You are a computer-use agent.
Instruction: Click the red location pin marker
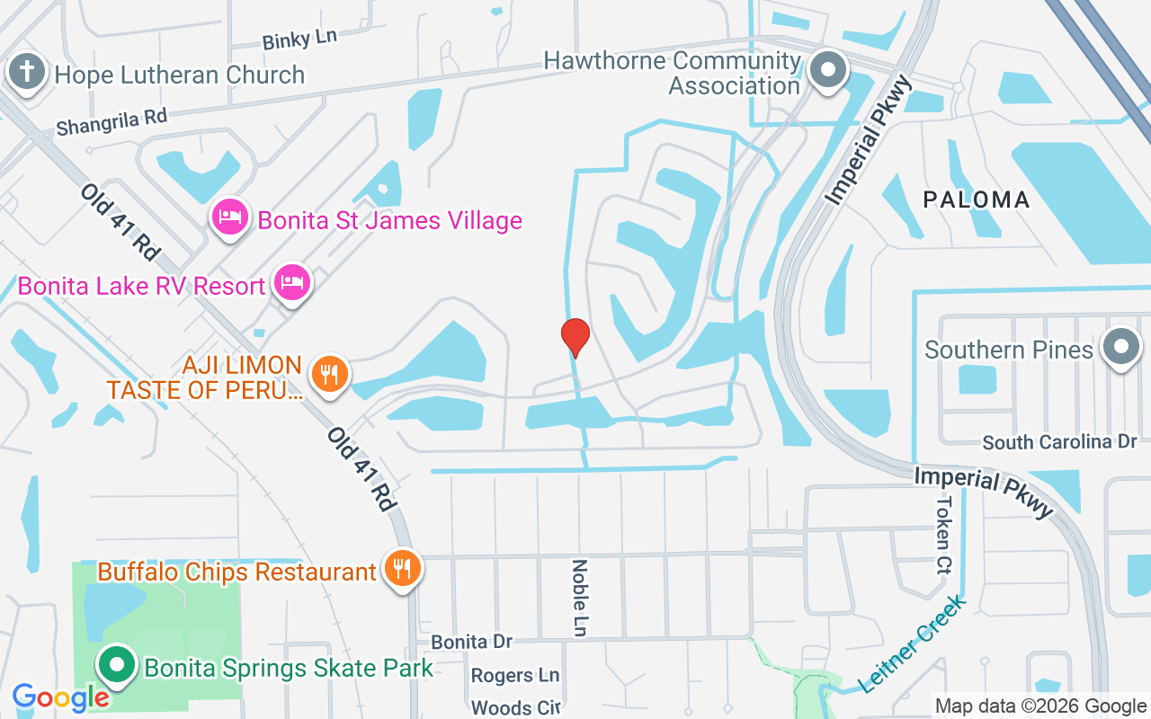[575, 337]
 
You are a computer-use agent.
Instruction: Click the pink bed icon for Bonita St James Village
[230, 217]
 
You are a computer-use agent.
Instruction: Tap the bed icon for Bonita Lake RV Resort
[292, 283]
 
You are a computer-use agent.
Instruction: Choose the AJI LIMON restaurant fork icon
[330, 373]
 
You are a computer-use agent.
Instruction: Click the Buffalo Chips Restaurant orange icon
[402, 569]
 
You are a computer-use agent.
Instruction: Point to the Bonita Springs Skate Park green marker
[116, 666]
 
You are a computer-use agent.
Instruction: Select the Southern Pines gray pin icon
[1120, 348]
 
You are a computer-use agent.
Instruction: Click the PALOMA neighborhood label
[977, 200]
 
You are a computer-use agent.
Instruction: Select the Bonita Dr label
[471, 642]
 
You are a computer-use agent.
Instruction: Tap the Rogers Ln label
[515, 675]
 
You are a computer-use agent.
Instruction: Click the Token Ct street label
[944, 535]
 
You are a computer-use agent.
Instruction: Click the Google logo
[60, 697]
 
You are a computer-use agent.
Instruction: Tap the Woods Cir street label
[515, 707]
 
